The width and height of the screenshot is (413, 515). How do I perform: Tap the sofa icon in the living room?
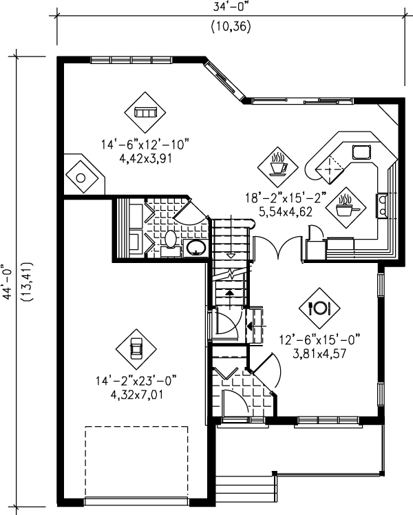tap(145, 110)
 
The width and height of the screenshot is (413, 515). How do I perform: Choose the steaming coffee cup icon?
tap(278, 165)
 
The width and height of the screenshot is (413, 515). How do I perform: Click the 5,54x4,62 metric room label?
tap(288, 212)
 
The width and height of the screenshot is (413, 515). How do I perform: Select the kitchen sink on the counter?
tap(361, 153)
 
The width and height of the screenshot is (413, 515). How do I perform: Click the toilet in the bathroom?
tap(171, 240)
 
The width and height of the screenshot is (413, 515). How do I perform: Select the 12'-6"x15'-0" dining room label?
tap(320, 339)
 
